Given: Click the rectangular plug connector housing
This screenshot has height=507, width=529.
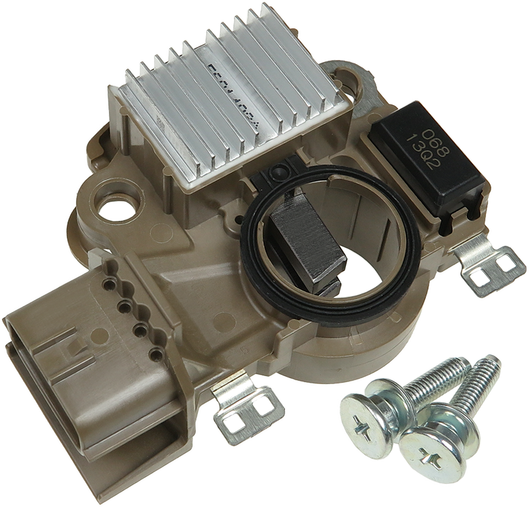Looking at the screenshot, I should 86,377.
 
